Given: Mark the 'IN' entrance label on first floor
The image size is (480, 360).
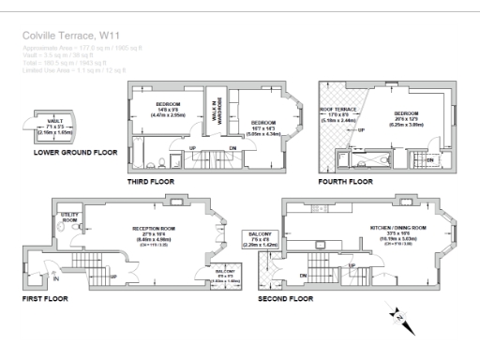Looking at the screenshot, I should pos(55,278).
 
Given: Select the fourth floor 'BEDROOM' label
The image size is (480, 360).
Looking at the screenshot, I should pos(408,112).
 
